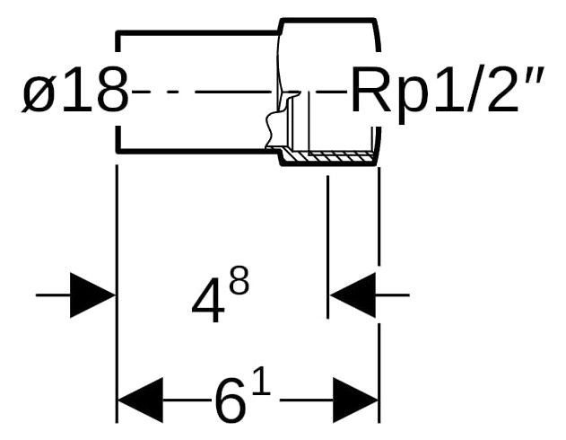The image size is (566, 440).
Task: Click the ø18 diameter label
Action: click(x=75, y=90)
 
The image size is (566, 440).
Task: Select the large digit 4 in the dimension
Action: click(x=206, y=300)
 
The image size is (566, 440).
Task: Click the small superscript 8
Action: click(x=239, y=279)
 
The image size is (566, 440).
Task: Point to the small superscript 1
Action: click(x=262, y=383)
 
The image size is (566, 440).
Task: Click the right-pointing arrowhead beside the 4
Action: click(x=92, y=295)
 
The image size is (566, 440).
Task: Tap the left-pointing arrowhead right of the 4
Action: click(x=353, y=295)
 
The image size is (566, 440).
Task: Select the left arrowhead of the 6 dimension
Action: click(x=141, y=400)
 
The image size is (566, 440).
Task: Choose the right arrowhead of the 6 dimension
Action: click(x=355, y=400)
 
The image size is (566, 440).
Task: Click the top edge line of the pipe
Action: click(x=198, y=33)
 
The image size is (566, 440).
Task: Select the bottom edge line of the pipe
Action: click(x=197, y=151)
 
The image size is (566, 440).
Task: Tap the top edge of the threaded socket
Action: click(x=327, y=20)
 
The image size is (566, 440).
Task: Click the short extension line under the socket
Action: click(x=327, y=247)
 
